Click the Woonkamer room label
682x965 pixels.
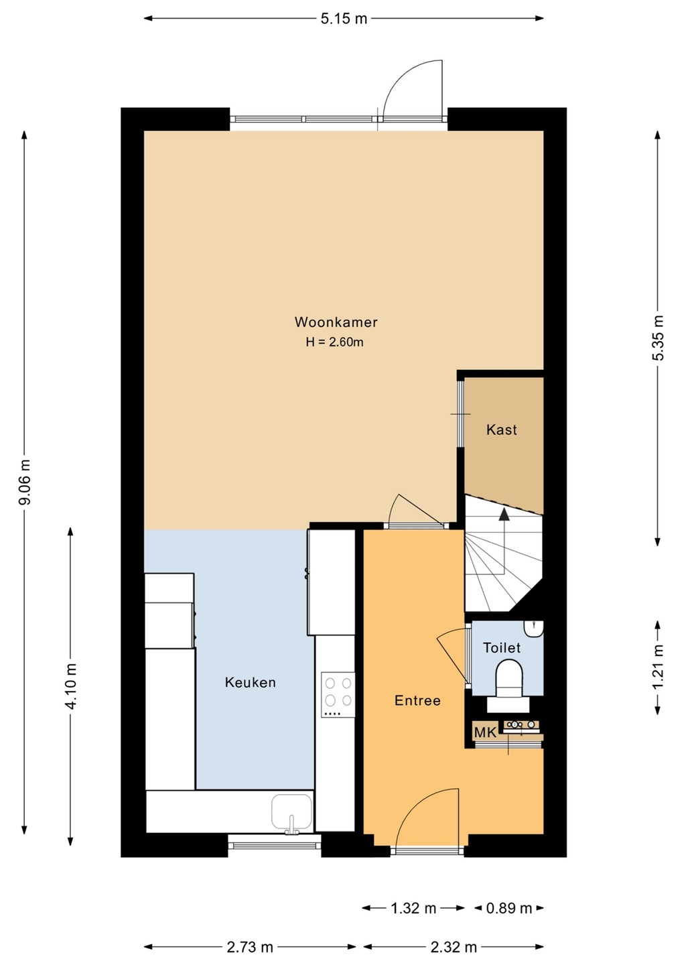pos(336,322)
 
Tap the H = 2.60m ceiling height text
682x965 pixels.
pos(334,342)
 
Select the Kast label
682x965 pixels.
pos(502,430)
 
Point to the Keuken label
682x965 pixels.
pos(250,682)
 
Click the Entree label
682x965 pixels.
pos(417,700)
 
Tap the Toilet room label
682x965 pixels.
pos(502,647)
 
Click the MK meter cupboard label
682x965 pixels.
pos(486,732)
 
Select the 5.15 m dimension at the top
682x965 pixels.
pos(344,19)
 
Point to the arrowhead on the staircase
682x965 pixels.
pos(503,514)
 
